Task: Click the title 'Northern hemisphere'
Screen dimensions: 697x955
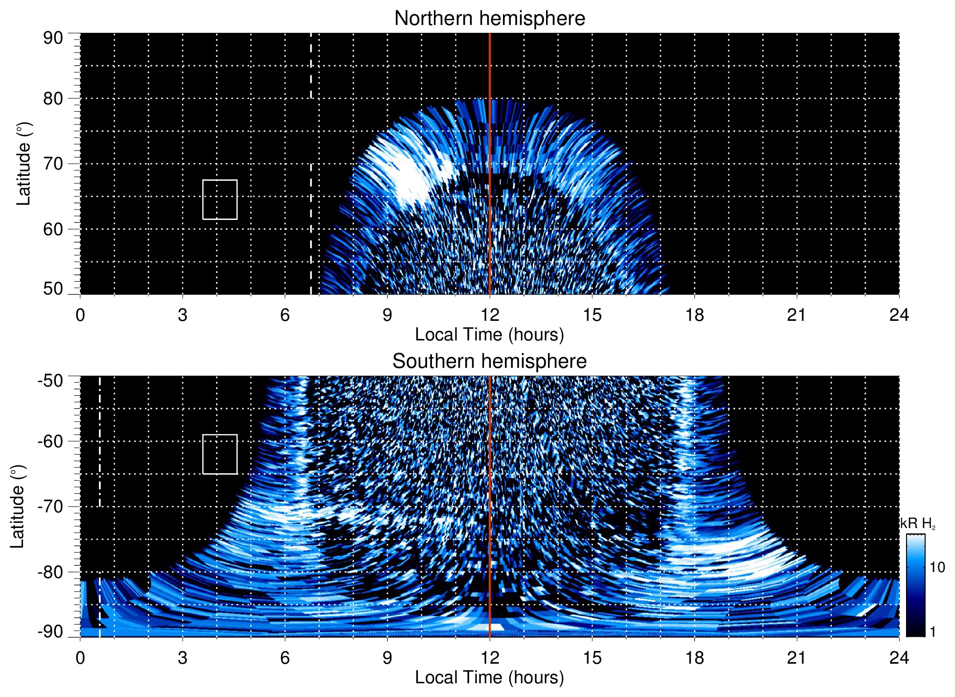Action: coord(489,19)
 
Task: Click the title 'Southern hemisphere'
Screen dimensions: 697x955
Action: coord(489,361)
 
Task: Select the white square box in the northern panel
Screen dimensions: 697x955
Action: coord(220,199)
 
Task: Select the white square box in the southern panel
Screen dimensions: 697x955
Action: coord(220,454)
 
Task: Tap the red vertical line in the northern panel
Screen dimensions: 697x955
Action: coord(490,147)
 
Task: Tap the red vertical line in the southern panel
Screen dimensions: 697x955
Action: coord(490,490)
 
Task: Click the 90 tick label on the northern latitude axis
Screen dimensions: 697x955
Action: coord(53,38)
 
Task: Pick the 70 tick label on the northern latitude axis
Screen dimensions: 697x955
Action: coord(53,164)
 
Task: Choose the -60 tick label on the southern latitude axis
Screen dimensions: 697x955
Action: coord(50,441)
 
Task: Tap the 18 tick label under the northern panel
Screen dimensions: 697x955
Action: coord(694,315)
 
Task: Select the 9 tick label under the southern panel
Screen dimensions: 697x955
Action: coord(387,658)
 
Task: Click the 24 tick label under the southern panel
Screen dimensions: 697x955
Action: coord(899,658)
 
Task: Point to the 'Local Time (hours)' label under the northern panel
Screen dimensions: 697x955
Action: coord(489,335)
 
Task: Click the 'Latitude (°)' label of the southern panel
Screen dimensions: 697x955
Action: coord(18,506)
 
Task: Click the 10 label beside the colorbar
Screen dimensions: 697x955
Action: coord(937,568)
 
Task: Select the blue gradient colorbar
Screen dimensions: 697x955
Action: coord(915,585)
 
